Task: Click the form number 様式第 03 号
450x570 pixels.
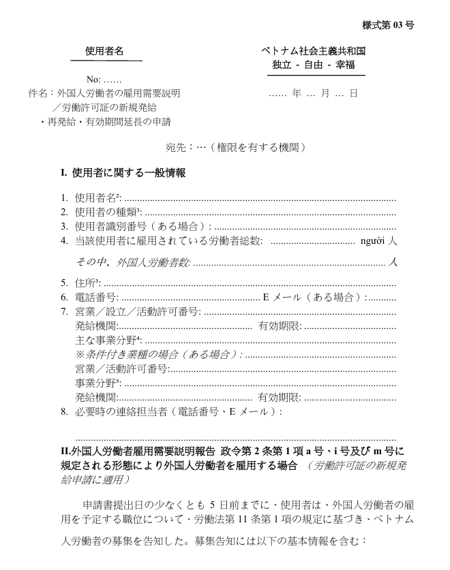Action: tap(388, 25)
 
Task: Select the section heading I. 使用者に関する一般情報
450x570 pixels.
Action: tap(123, 174)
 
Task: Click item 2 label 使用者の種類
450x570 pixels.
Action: tap(102, 212)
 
